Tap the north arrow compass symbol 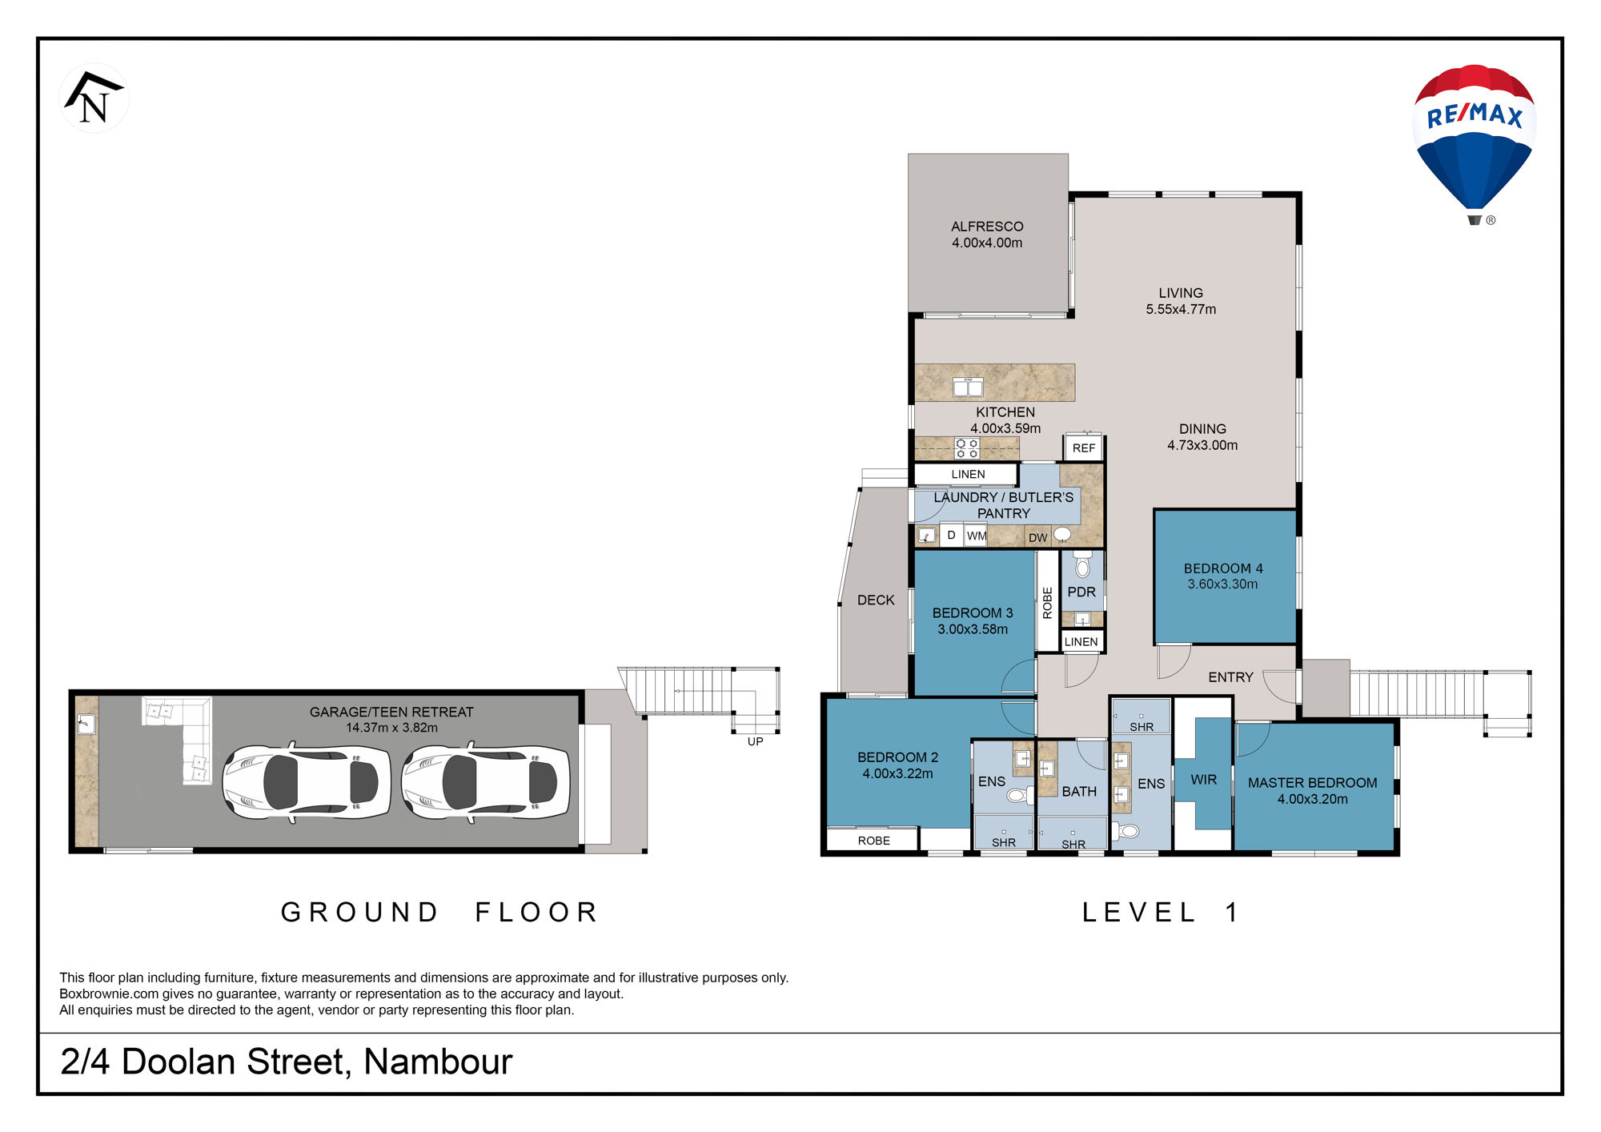[94, 98]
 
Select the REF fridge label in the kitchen [1084, 448]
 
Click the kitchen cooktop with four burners [967, 448]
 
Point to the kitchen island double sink [968, 387]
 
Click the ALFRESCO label [987, 227]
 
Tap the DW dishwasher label [1037, 538]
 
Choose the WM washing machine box [976, 536]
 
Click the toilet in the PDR [1082, 565]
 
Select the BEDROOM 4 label [1223, 568]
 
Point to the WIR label [1203, 780]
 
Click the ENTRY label [1230, 677]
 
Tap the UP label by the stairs [755, 741]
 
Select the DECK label [876, 600]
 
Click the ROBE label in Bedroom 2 [873, 841]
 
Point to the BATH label [1079, 792]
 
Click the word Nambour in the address [438, 1062]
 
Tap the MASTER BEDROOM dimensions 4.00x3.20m [1313, 799]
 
